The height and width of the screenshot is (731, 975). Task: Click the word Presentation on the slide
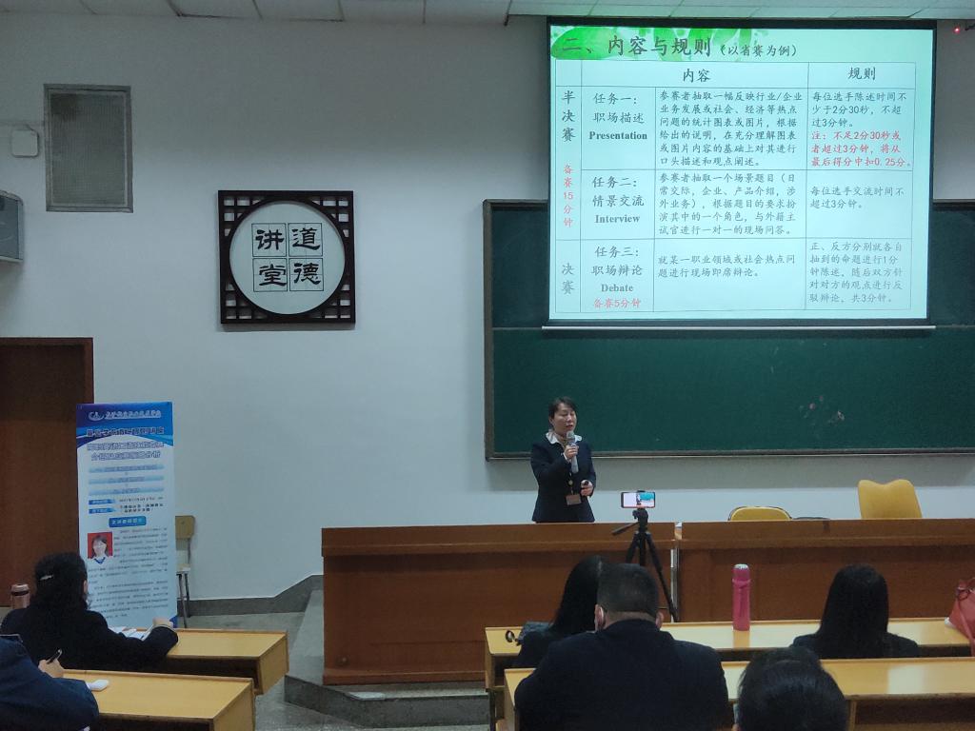point(618,136)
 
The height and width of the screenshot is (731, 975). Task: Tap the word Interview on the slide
point(618,219)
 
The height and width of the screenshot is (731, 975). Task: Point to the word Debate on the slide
point(617,287)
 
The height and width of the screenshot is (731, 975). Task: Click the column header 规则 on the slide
point(861,74)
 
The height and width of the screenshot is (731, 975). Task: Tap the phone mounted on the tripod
point(638,499)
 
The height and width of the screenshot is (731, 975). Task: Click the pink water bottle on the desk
point(741,597)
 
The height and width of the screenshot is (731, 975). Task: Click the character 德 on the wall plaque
point(306,274)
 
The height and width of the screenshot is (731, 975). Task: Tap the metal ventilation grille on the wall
point(88,148)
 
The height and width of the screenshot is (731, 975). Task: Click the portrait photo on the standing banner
point(99,545)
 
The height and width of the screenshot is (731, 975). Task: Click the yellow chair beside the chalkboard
point(888,500)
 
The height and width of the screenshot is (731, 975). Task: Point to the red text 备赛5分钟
point(617,303)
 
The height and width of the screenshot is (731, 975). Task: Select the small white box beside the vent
point(25,142)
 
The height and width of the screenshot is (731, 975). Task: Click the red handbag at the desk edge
point(964,609)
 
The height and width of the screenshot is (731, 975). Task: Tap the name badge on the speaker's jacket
point(573,498)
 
